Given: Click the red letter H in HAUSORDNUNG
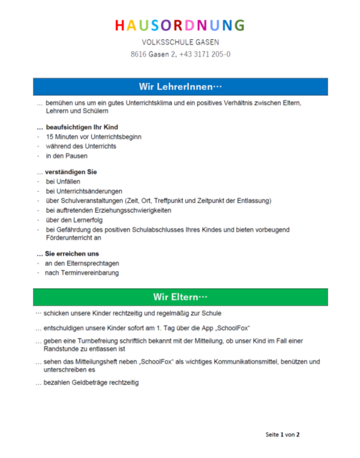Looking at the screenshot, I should point(119,25).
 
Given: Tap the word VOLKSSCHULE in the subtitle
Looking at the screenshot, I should point(167,42).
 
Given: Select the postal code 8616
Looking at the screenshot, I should point(138,54).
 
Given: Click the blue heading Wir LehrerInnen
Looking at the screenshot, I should point(180,87).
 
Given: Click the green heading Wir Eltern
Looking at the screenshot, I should point(180,297).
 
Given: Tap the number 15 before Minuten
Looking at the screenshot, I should point(50,136).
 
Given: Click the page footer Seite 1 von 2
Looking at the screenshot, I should point(282,434).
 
